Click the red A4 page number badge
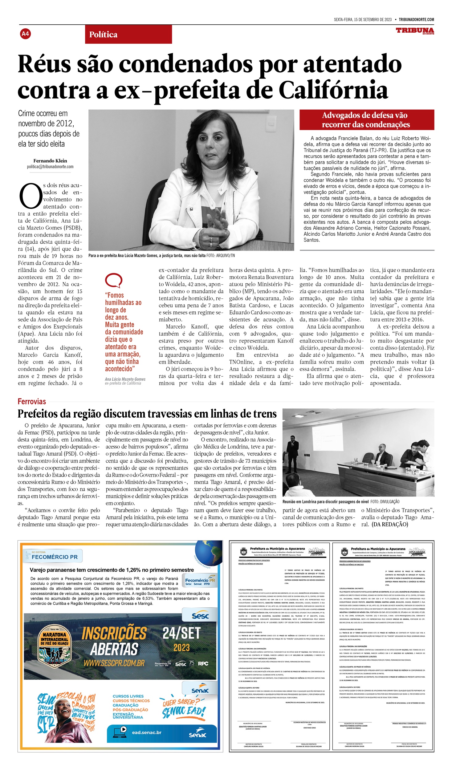click(25, 34)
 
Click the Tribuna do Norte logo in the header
click(415, 30)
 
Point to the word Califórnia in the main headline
click(333, 91)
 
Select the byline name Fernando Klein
click(50, 160)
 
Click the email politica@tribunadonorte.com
click(50, 167)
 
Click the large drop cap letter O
click(30, 196)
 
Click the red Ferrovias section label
click(32, 401)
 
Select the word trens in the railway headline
click(264, 414)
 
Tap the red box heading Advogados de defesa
click(367, 120)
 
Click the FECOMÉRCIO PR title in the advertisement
click(55, 557)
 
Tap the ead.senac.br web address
click(146, 732)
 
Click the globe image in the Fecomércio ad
click(209, 552)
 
